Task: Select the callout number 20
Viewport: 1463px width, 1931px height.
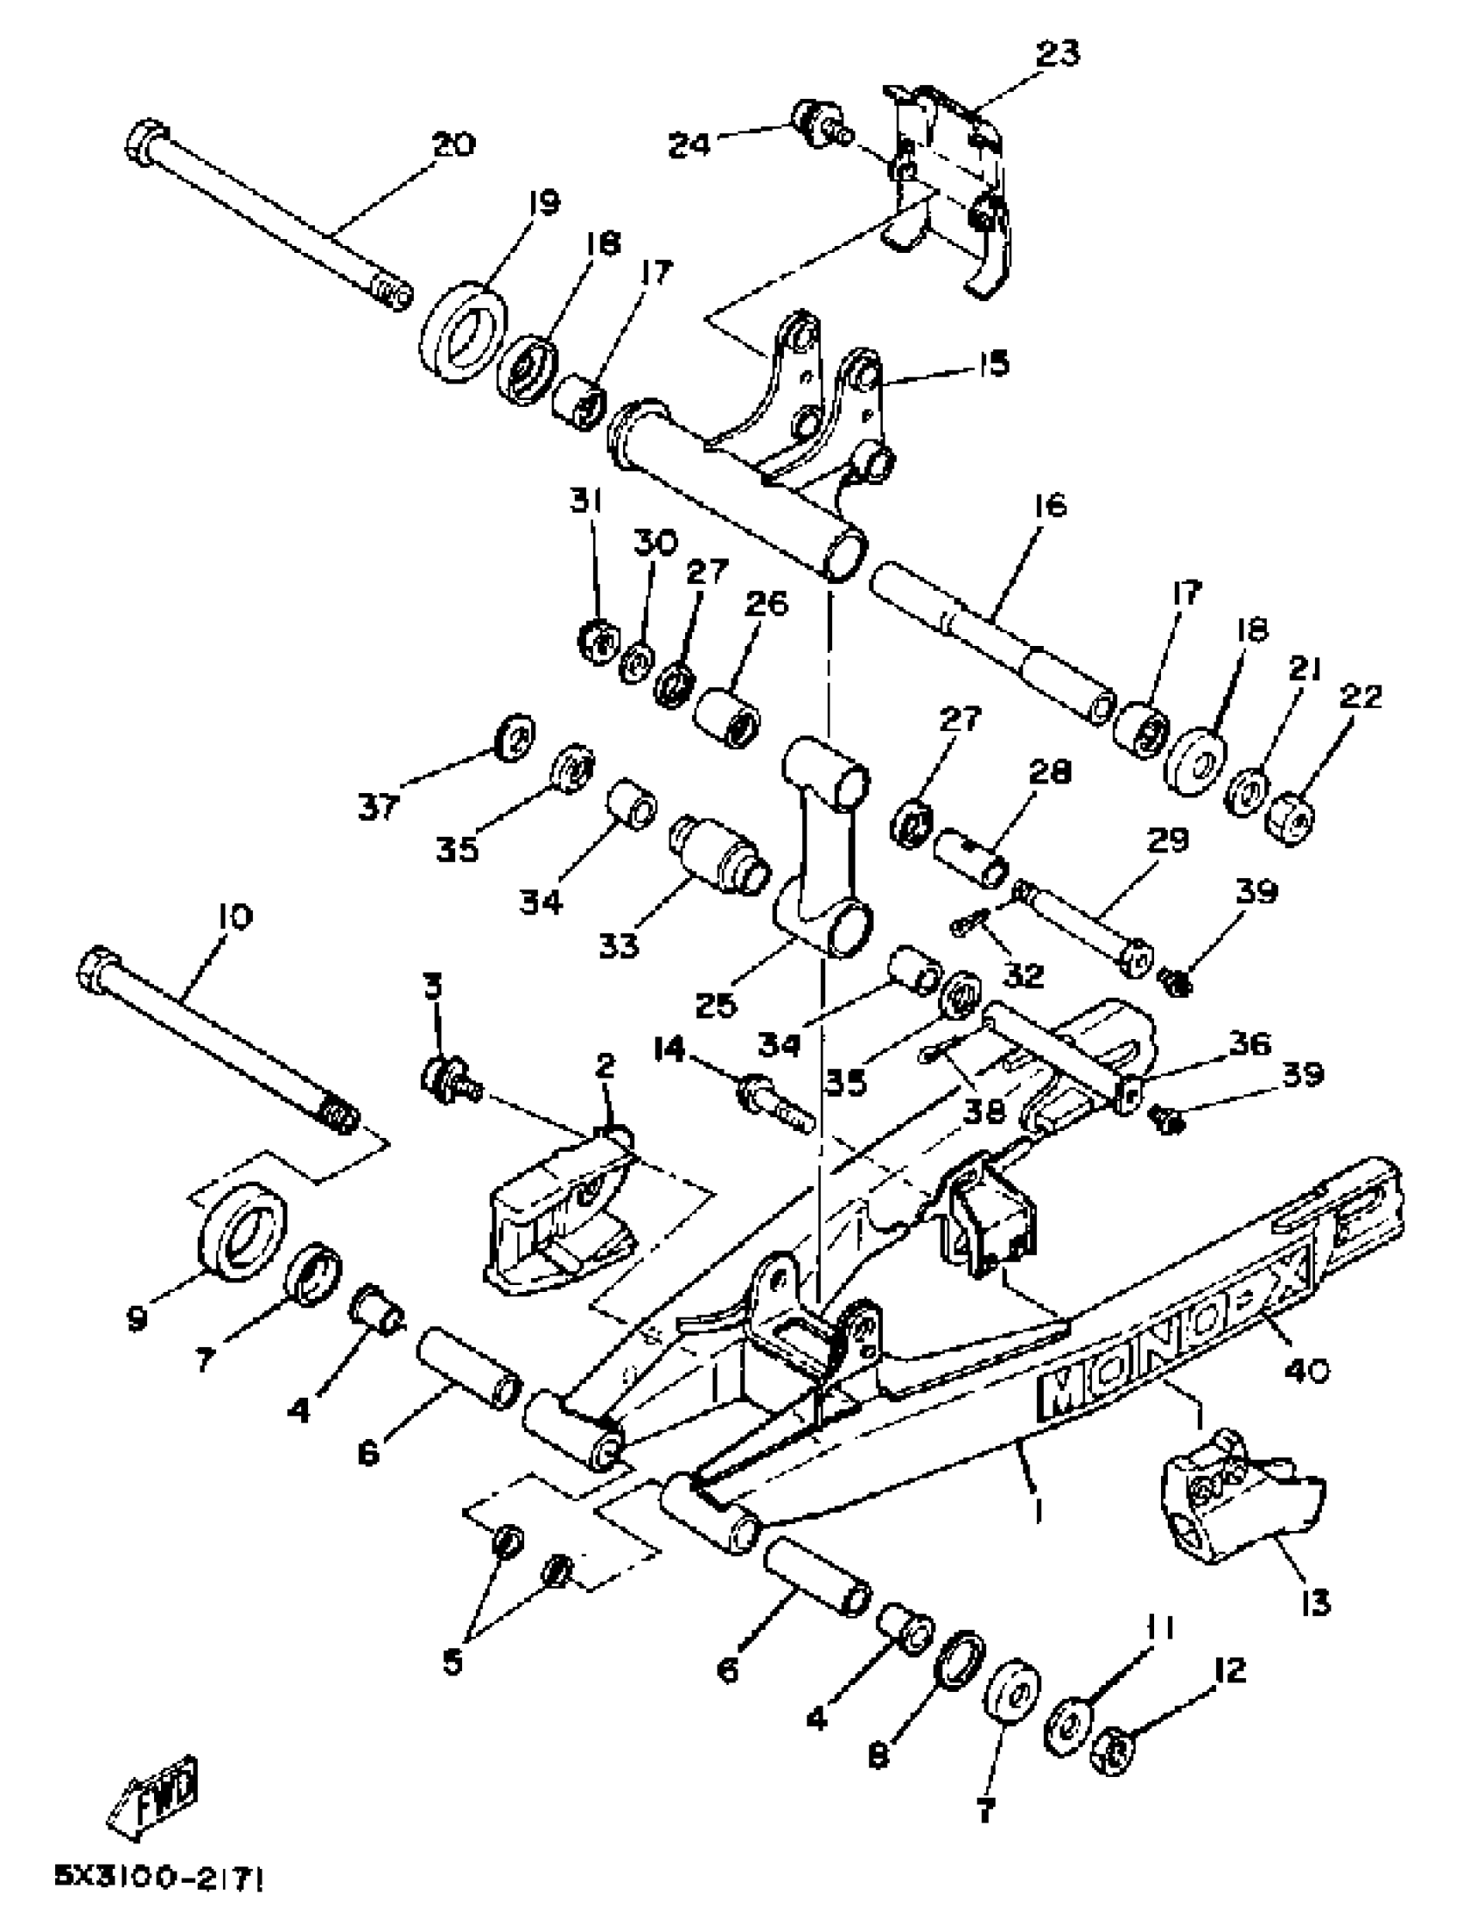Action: point(453,144)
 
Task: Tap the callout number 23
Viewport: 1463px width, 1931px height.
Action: point(1058,53)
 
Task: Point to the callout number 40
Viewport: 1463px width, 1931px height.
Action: point(1305,1369)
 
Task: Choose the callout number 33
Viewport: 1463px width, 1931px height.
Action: point(619,945)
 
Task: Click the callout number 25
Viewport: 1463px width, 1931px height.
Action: point(716,1005)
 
